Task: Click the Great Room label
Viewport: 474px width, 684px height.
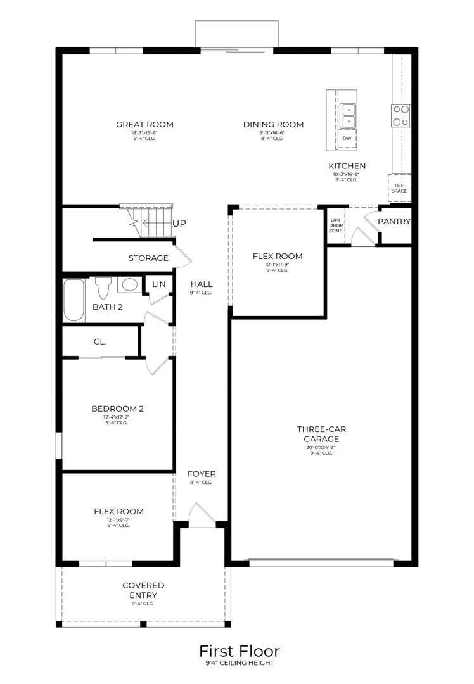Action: (x=144, y=125)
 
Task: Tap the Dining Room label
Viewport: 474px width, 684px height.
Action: (x=273, y=125)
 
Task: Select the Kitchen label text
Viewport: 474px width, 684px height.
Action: (x=347, y=166)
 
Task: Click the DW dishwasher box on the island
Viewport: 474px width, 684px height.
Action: (x=347, y=138)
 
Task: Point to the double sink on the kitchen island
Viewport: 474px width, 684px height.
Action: (x=348, y=115)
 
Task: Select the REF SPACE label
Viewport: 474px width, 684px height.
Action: (x=399, y=187)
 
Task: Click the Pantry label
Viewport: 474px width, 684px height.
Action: (x=394, y=222)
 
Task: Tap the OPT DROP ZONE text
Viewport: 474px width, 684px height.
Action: (x=335, y=225)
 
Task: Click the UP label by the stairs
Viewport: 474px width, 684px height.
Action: (x=179, y=224)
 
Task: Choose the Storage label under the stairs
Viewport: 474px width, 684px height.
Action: (x=148, y=258)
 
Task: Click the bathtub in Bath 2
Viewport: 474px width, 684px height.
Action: (x=74, y=300)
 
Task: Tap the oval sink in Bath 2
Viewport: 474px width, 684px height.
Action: (x=131, y=285)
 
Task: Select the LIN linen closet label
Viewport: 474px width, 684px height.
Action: (x=158, y=284)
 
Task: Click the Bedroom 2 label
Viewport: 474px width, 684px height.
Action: (x=117, y=408)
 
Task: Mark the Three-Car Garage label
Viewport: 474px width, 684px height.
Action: (x=321, y=434)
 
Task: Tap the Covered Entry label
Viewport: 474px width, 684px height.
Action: (x=143, y=590)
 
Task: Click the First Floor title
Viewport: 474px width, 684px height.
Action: (x=239, y=651)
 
